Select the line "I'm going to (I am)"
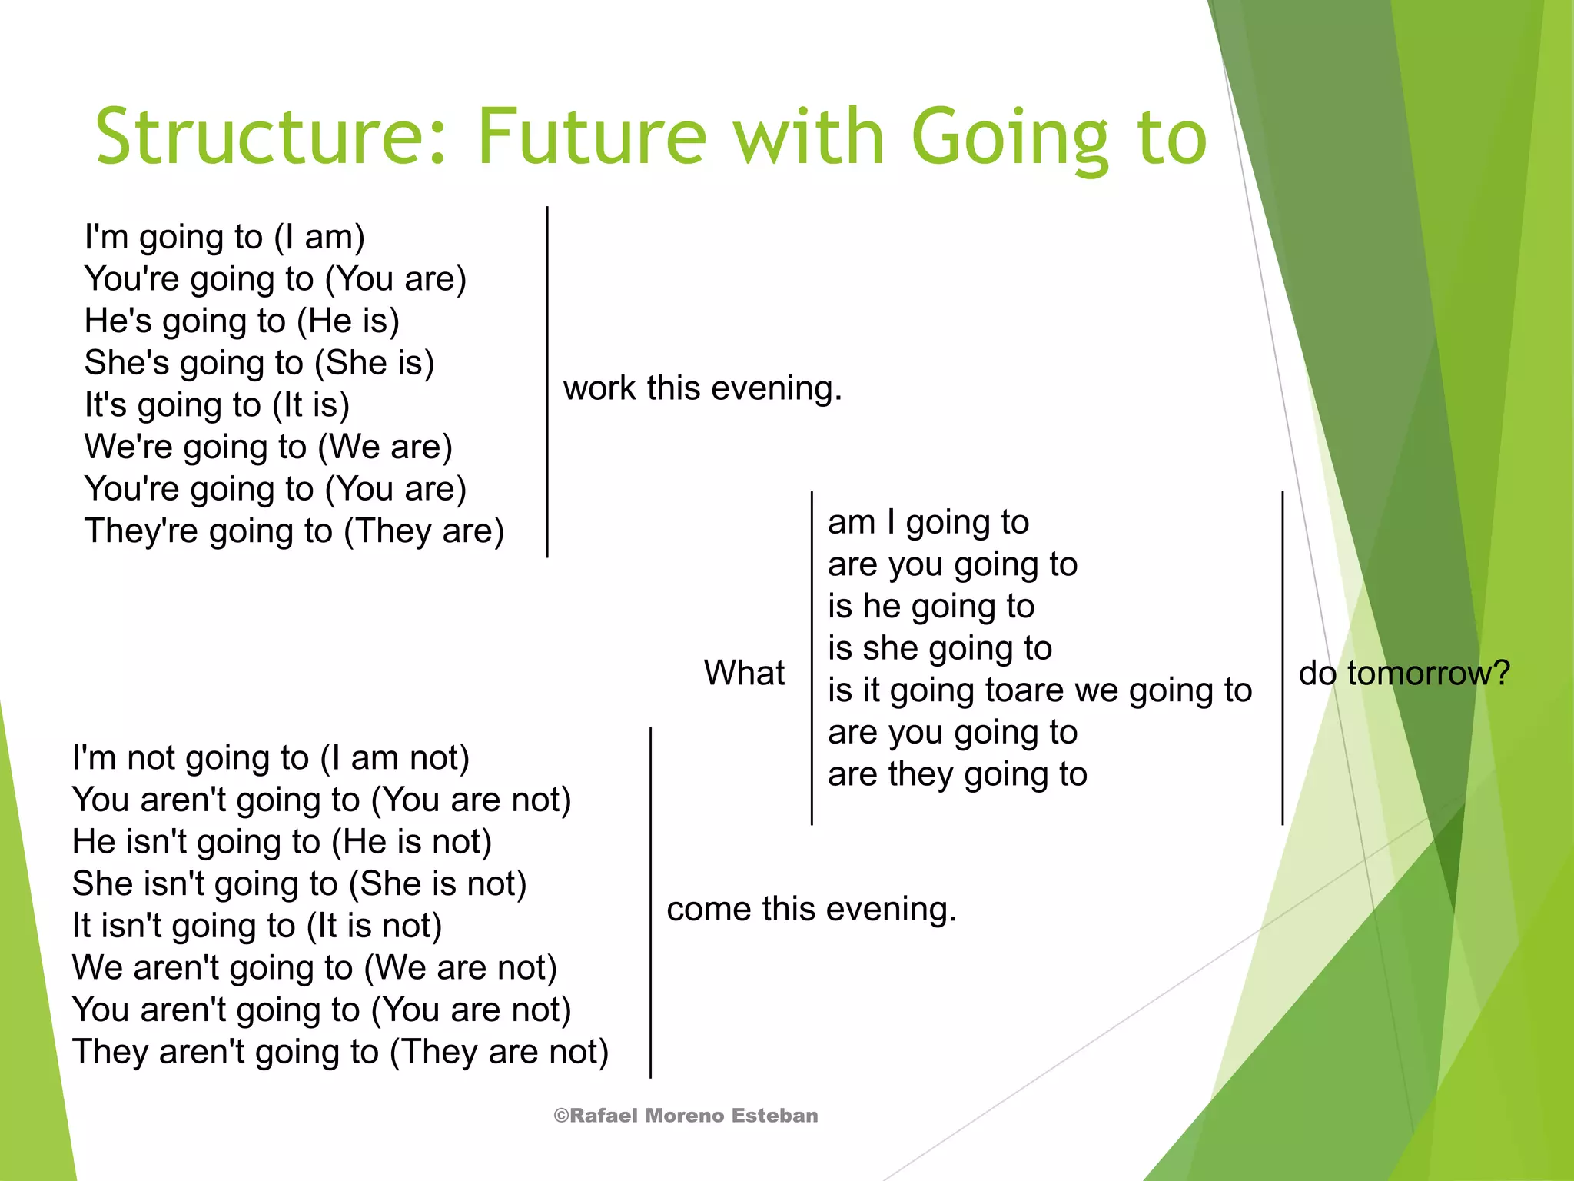224,237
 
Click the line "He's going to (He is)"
242,321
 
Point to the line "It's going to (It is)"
217,405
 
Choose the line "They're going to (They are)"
294,531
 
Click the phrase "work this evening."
702,388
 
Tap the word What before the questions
744,674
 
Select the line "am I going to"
928,523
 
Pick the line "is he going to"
931,607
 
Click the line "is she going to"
940,649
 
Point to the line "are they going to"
958,775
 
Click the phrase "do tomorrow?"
1404,674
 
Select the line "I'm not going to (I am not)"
271,758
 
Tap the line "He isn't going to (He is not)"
282,842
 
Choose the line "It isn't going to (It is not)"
257,926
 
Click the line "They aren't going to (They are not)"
340,1052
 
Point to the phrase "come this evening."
812,910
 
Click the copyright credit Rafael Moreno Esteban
686,1116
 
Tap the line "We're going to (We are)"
268,447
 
